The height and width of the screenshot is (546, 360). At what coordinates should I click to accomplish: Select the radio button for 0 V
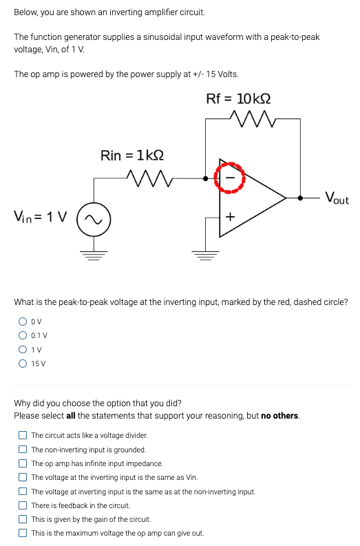tap(23, 322)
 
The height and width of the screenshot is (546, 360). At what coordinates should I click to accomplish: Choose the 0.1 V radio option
tap(23, 335)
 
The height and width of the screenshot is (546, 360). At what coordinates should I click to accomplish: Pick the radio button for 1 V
tap(23, 350)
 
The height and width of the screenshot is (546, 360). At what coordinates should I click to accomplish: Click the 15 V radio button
tap(23, 364)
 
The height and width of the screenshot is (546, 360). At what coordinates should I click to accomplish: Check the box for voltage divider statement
tap(23, 435)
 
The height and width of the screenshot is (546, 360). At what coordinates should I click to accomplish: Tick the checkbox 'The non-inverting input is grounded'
tap(23, 450)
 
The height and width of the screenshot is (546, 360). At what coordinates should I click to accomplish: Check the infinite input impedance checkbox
tap(23, 463)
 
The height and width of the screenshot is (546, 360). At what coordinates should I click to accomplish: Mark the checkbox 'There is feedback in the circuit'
tap(23, 505)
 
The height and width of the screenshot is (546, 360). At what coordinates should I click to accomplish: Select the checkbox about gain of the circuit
tap(23, 519)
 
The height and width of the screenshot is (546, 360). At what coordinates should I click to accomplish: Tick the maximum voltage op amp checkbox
tap(23, 533)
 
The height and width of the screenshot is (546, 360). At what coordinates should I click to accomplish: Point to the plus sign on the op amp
tap(230, 217)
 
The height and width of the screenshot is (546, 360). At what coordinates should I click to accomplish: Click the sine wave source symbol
tap(94, 220)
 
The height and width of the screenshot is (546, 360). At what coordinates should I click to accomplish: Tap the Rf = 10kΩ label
tap(238, 99)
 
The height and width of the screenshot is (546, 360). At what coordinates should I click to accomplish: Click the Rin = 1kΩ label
tap(132, 156)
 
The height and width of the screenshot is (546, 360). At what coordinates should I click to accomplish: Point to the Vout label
tap(337, 198)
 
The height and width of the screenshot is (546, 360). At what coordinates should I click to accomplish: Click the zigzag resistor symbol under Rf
tap(253, 118)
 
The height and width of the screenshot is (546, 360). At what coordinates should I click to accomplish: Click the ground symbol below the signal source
tap(94, 255)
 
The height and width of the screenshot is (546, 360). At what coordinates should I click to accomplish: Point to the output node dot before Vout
tap(300, 198)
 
